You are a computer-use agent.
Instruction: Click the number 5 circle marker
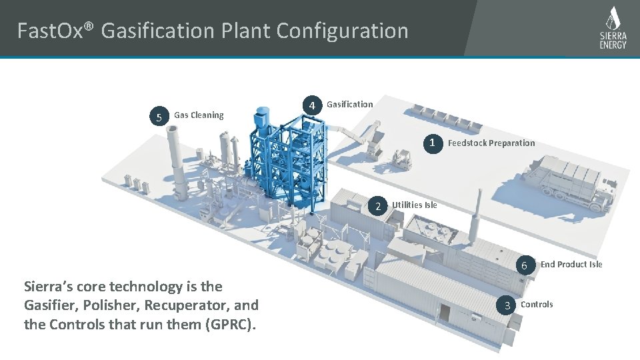pyautogui.click(x=159, y=118)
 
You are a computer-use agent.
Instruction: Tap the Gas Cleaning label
pyautogui.click(x=199, y=115)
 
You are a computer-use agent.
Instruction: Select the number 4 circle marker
pyautogui.click(x=311, y=105)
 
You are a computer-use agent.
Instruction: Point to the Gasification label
pyautogui.click(x=350, y=104)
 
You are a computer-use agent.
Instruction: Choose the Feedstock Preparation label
pyautogui.click(x=491, y=143)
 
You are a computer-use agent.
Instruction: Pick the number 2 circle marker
pyautogui.click(x=377, y=206)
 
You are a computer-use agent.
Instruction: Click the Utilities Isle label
pyautogui.click(x=415, y=205)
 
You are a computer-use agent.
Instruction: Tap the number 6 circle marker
pyautogui.click(x=525, y=266)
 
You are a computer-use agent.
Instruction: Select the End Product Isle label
pyautogui.click(x=571, y=265)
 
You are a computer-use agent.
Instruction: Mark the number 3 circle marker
pyautogui.click(x=507, y=305)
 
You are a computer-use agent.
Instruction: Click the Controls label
pyautogui.click(x=537, y=305)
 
